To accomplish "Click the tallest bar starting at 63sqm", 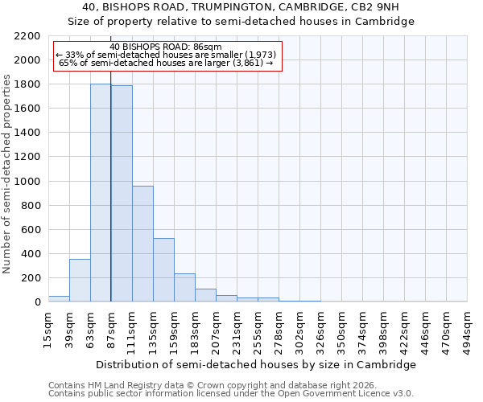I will (101, 193).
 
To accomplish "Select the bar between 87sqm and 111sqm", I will (122, 194).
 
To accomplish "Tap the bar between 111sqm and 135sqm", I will (142, 244).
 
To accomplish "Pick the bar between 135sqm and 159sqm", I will (163, 270).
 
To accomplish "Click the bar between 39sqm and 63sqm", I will (80, 281).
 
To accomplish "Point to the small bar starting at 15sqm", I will (59, 298).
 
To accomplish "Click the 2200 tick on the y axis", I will (27, 36).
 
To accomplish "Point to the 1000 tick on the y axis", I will (27, 182).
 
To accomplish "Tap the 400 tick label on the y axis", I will (31, 254).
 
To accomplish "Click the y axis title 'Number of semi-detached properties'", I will (8, 174).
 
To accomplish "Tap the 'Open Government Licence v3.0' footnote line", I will (231, 394).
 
